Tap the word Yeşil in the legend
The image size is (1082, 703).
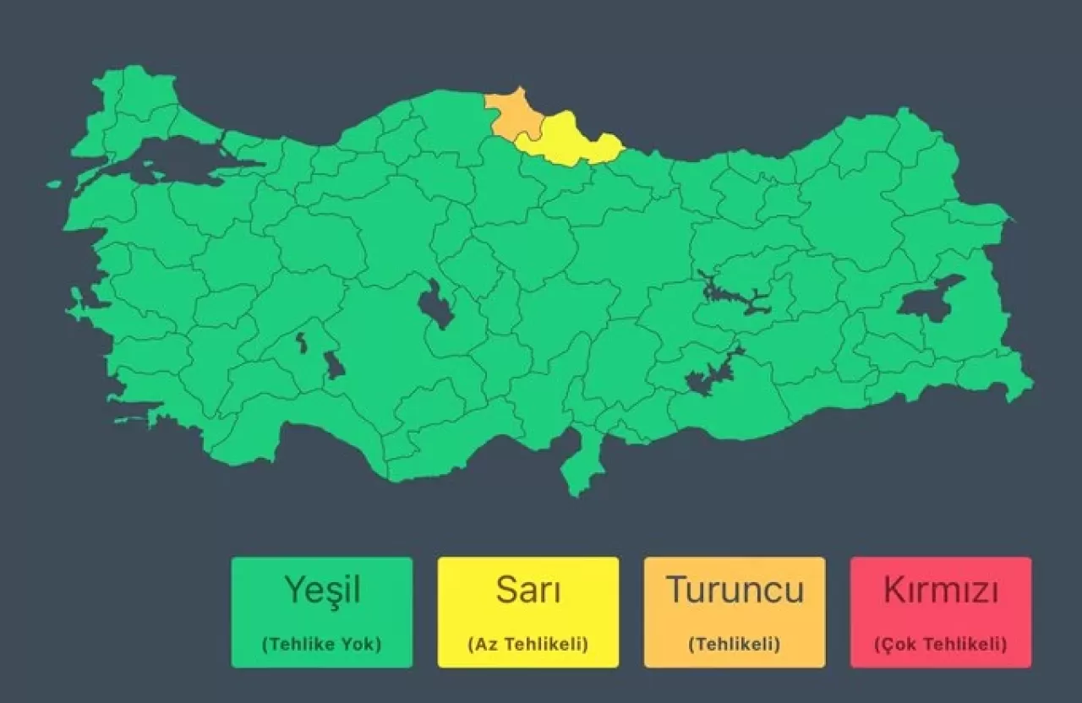[321, 589]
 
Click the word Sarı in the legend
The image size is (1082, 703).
[527, 589]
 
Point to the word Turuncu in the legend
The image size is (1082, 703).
[734, 589]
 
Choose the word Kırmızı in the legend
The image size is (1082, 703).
[940, 589]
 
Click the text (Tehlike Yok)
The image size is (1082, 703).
[321, 644]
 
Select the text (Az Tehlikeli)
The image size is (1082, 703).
[527, 644]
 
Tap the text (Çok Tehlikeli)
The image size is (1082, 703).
[940, 644]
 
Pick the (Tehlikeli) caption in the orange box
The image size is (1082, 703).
[734, 644]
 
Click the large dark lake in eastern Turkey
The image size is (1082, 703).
[926, 298]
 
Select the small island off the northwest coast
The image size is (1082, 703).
[54, 183]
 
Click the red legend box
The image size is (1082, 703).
[940, 612]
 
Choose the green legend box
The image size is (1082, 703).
[321, 612]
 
